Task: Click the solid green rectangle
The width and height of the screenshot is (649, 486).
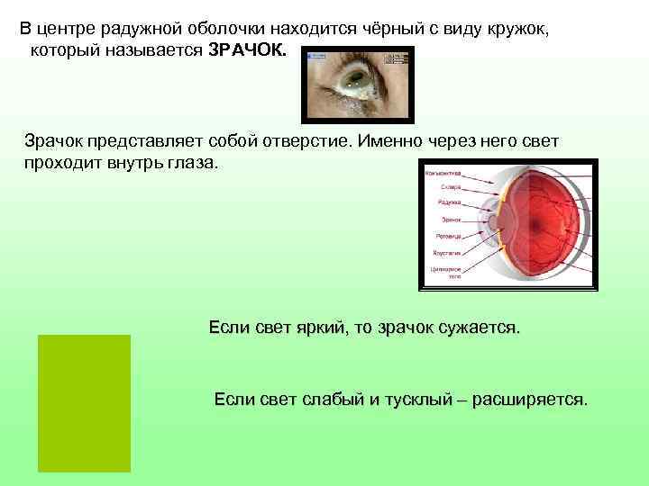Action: [84, 402]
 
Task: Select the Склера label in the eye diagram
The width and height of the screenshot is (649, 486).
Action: [451, 187]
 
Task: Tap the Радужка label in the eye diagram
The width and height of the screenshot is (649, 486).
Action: [450, 202]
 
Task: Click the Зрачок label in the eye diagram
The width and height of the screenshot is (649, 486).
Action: [450, 219]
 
